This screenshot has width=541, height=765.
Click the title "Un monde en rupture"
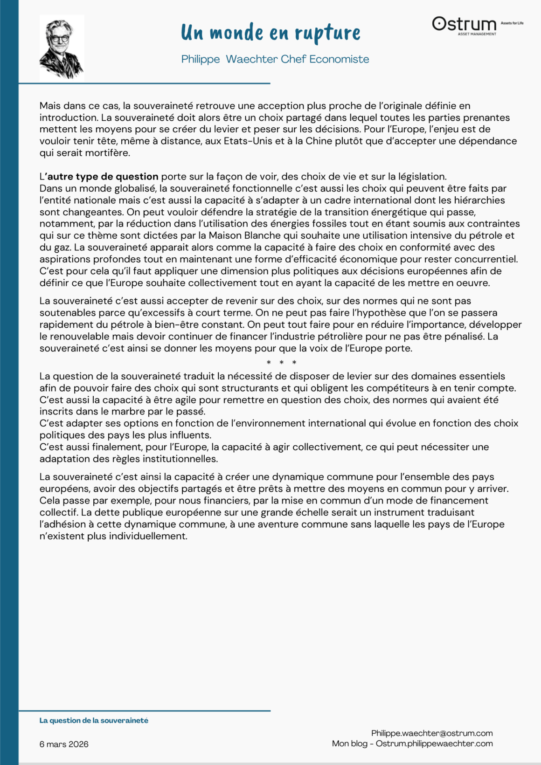pos(270,33)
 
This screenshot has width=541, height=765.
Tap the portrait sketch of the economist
pos(62,47)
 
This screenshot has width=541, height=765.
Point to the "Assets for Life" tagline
pos(512,23)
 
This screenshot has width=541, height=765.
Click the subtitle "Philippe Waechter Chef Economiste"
pos(275,59)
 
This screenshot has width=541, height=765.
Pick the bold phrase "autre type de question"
pos(103,177)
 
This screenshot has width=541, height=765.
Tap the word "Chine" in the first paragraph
pos(319,141)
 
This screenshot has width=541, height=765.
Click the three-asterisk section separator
pos(281,363)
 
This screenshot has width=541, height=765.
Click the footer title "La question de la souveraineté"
pos(94,721)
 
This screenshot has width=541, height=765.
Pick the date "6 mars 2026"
pos(64,744)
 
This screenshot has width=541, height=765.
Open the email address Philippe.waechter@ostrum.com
pos(432,733)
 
